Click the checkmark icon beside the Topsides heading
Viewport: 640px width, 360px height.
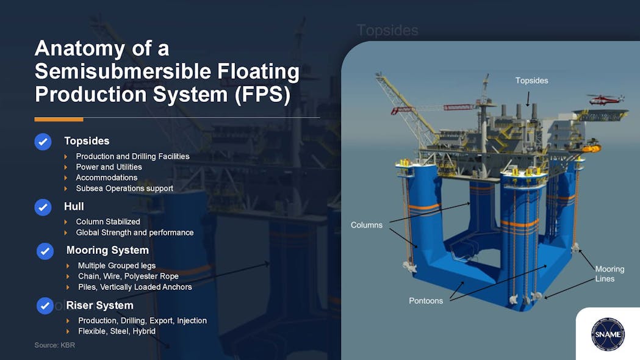[x=43, y=142]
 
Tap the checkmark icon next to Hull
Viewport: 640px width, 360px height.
[x=43, y=207]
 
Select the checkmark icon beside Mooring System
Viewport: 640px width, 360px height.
[x=45, y=251]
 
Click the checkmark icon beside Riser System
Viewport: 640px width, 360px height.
[x=45, y=306]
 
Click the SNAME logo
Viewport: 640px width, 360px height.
[x=607, y=334]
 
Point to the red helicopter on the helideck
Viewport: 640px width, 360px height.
[x=605, y=98]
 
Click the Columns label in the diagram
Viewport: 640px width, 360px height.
[x=367, y=225]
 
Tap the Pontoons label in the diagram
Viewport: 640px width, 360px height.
[x=426, y=301]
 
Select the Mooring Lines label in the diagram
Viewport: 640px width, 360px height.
[x=609, y=274]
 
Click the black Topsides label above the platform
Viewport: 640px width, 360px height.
[x=531, y=81]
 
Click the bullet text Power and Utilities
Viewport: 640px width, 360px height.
[x=109, y=167]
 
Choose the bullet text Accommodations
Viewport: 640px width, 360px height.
[x=106, y=178]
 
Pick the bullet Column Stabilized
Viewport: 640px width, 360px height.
[x=107, y=221]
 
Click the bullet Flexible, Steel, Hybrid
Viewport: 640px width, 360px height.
[x=117, y=331]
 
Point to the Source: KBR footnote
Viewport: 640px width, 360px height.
[x=54, y=345]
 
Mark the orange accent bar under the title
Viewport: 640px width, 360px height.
[x=59, y=119]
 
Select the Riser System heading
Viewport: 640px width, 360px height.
[x=99, y=305]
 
